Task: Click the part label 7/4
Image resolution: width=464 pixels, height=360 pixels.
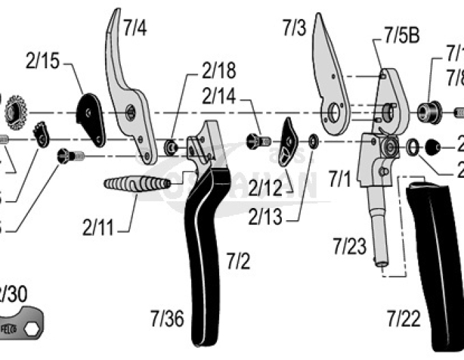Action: [x=134, y=28]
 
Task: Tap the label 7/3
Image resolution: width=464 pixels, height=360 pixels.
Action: [x=295, y=28]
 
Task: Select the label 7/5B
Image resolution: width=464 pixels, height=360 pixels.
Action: [x=401, y=36]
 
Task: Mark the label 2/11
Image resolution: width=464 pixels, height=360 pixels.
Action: [x=98, y=226]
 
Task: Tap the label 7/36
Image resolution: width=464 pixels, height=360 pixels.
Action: [x=168, y=318]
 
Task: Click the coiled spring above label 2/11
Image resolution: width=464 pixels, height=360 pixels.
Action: [x=136, y=185]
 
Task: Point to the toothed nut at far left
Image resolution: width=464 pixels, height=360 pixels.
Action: [x=14, y=112]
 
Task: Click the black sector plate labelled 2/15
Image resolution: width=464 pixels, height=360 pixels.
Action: [x=91, y=117]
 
